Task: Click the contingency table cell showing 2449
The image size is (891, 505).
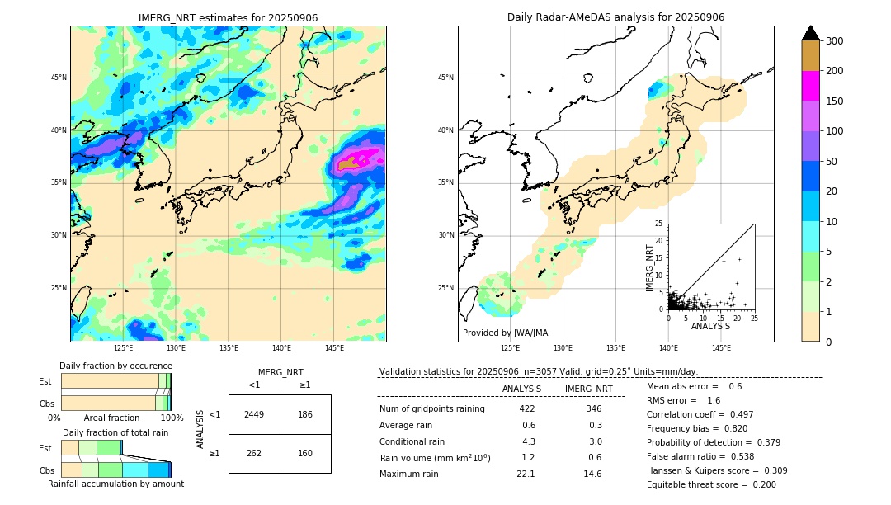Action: [254, 414]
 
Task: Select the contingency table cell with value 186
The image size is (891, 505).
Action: [305, 414]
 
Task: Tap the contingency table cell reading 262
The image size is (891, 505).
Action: [254, 453]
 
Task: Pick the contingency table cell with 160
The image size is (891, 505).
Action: [305, 453]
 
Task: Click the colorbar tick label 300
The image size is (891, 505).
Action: [835, 41]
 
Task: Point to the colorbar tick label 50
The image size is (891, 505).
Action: [832, 162]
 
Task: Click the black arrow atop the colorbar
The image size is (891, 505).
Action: [811, 33]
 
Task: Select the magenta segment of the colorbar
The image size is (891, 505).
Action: [811, 86]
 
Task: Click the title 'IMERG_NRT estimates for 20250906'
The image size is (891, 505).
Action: [228, 18]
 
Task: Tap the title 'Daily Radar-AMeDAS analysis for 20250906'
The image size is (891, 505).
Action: [615, 18]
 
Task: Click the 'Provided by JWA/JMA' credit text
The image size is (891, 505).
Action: [505, 333]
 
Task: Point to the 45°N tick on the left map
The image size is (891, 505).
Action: [59, 78]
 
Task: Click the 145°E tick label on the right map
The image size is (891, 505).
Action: [721, 348]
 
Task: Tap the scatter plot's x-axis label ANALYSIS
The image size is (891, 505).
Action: [710, 326]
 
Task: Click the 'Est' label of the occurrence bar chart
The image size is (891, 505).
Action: [45, 381]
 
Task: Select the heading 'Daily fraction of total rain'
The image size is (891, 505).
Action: [115, 432]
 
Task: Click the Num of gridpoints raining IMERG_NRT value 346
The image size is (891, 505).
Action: [593, 408]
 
